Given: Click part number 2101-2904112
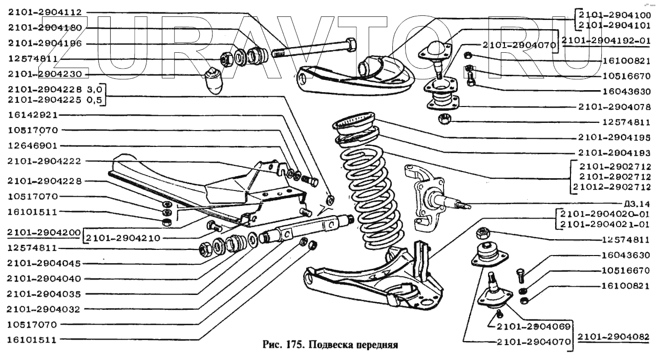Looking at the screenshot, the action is click(x=45, y=12).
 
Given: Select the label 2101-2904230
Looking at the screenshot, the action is click(x=45, y=74).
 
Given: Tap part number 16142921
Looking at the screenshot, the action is click(x=33, y=115).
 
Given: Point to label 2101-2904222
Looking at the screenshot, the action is click(x=44, y=161).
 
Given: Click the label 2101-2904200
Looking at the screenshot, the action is click(x=44, y=232).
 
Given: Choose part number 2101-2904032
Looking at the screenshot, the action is click(x=44, y=309).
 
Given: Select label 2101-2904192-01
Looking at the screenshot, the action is click(x=606, y=41).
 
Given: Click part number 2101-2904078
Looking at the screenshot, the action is click(x=615, y=107).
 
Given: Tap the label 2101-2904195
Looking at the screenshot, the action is click(x=615, y=137).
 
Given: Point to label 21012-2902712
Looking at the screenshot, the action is click(x=612, y=187).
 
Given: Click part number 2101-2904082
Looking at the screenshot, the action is click(x=613, y=337).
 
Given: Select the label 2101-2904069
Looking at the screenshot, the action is click(x=534, y=326).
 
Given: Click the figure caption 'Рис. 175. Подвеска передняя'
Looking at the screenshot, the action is click(x=330, y=345).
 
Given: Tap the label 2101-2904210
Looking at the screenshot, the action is click(x=123, y=239).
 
